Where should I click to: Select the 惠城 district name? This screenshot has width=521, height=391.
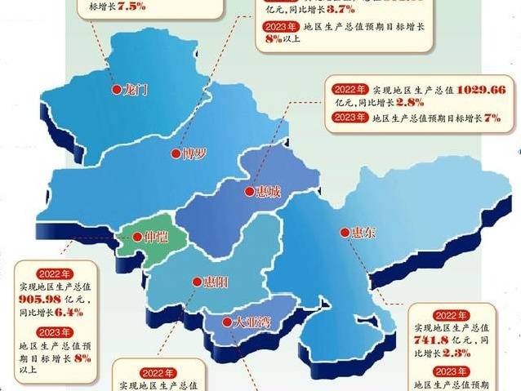266,193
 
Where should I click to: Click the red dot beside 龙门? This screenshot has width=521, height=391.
114,91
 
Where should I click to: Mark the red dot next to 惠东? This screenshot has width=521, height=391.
344,233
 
